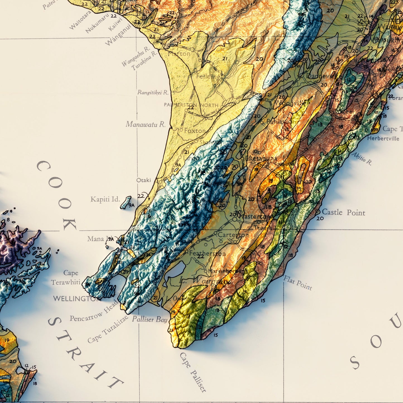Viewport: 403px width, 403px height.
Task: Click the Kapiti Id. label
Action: point(105,199)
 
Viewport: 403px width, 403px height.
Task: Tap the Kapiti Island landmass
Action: point(126,202)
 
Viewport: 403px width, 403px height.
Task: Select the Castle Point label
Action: point(343,213)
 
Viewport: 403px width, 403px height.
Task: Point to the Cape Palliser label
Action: point(193,372)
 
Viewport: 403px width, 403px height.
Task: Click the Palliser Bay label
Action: point(149,319)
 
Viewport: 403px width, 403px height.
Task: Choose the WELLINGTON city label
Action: point(77,299)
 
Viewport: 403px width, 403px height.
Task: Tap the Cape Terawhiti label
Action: point(66,278)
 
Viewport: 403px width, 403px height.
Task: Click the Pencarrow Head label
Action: point(94,311)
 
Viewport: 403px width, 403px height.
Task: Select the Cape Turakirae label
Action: point(108,329)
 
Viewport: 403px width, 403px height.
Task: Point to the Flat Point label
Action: point(298,283)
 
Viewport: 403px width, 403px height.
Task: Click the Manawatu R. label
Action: point(145,124)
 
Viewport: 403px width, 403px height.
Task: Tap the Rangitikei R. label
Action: point(153,92)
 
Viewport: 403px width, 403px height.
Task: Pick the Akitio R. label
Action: point(362,159)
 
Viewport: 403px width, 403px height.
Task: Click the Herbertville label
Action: point(383,138)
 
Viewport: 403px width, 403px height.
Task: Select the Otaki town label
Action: point(144,180)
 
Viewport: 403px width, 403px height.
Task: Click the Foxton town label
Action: point(195,131)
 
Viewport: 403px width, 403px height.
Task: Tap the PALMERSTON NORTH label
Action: point(191,105)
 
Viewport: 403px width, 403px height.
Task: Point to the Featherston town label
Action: point(207,254)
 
